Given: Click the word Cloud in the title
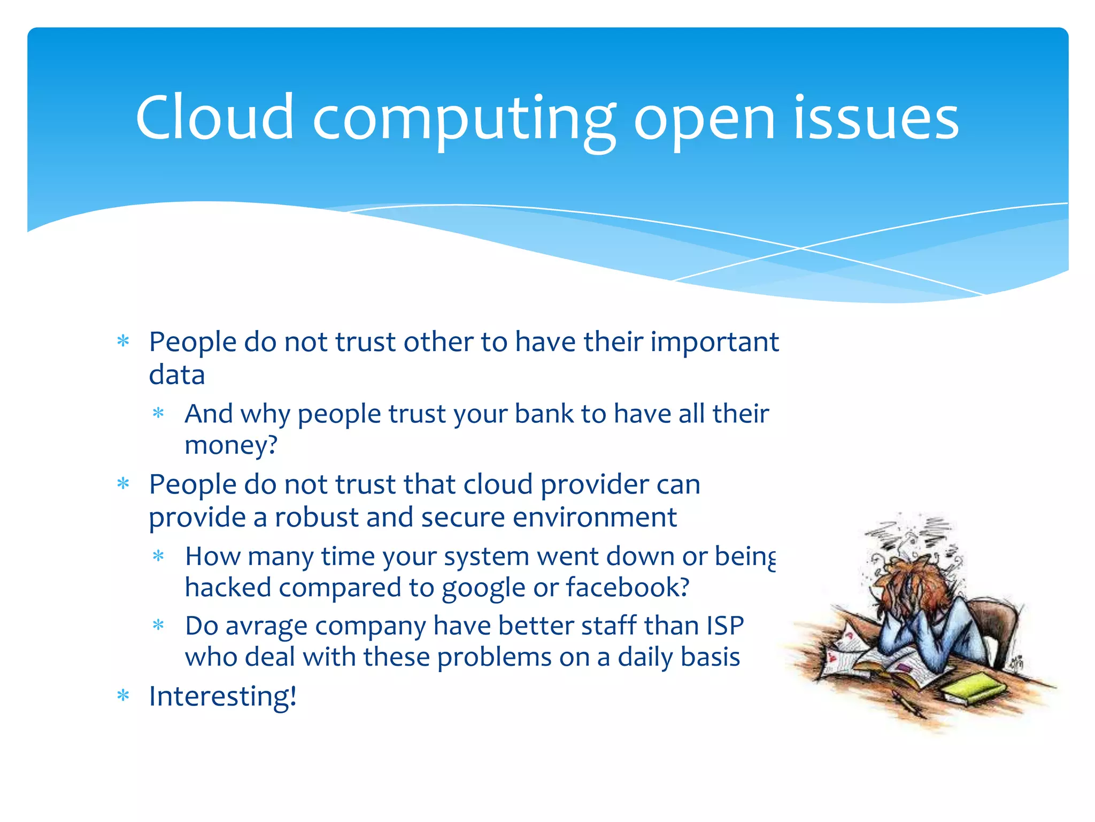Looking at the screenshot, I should (214, 117).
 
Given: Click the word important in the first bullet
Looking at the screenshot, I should (714, 342).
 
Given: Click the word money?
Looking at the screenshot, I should (231, 445).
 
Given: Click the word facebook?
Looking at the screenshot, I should (628, 587).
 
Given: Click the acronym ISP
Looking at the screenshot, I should (725, 626).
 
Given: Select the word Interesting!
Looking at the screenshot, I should (222, 697).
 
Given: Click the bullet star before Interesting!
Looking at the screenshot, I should (124, 696).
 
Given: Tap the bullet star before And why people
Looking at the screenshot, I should (158, 413).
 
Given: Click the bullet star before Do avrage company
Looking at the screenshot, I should (158, 625).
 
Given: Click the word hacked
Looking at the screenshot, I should (228, 588).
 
